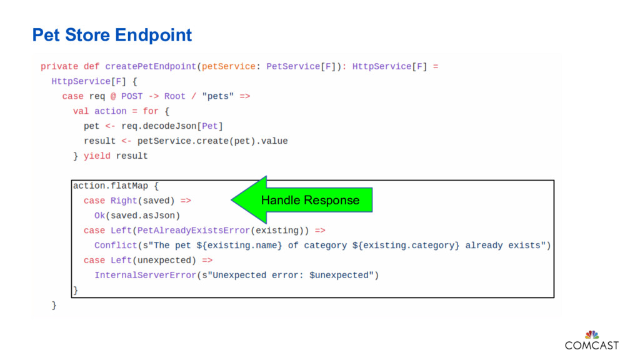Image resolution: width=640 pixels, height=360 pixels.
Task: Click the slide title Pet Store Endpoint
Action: tap(112, 35)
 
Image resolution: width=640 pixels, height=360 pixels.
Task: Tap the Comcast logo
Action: tap(591, 340)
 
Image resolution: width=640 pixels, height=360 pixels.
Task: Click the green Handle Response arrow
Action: tap(303, 200)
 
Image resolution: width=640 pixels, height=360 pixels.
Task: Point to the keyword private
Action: tap(59, 66)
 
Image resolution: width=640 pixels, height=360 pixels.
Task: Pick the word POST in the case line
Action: tap(132, 96)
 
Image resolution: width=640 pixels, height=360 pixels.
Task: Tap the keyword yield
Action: tap(97, 156)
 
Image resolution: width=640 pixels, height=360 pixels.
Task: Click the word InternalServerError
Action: tap(145, 275)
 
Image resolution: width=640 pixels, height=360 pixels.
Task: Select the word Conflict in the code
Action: tap(116, 245)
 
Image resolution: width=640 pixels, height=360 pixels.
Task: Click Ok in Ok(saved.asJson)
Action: tap(99, 216)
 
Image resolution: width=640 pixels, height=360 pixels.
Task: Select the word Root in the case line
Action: tap(174, 96)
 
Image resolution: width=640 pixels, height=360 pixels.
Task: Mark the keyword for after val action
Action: tap(151, 111)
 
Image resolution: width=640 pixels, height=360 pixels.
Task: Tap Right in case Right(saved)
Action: tap(124, 201)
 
